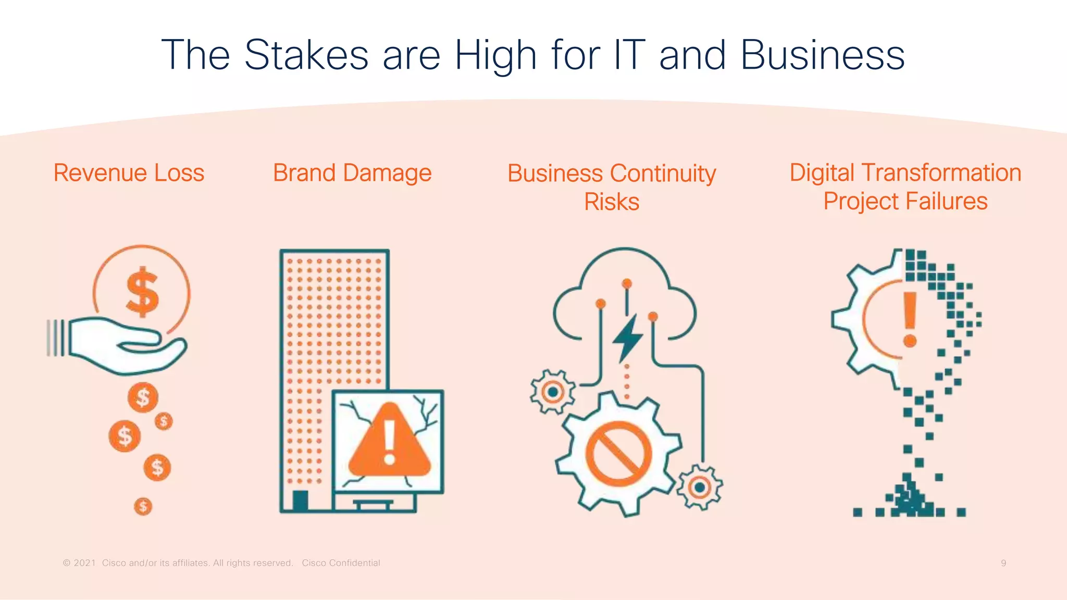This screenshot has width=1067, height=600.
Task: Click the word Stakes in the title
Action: coord(306,55)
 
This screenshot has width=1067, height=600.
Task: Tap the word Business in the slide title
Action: coord(822,55)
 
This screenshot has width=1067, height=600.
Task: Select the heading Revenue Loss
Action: coord(129,173)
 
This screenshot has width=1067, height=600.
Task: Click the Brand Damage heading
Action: coord(352,173)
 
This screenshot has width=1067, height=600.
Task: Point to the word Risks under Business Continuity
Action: coord(612,202)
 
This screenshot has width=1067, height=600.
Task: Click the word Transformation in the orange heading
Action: coord(941,173)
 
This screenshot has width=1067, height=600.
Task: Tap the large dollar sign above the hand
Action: coord(142,292)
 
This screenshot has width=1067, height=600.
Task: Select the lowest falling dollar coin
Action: coord(143,506)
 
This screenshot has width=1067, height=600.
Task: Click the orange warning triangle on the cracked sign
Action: coord(390,441)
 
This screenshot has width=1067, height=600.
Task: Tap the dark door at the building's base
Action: coord(300,501)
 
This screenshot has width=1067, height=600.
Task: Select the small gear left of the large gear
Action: coord(553,392)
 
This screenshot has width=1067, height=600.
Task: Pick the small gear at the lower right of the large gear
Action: coord(700,488)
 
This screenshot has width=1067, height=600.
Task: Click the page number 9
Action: coord(1003,563)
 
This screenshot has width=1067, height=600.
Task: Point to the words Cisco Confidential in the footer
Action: coord(341,563)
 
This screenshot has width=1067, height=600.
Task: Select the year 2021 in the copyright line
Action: coord(85,563)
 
